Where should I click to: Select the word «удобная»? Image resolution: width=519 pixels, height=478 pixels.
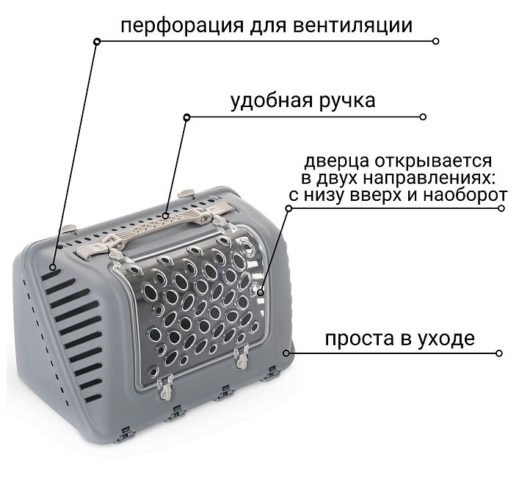(271, 100)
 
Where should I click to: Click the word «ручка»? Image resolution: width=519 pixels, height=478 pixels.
(347, 101)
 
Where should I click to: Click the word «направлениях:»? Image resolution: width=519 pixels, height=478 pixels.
(429, 178)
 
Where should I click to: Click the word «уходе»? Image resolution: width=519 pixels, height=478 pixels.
(447, 339)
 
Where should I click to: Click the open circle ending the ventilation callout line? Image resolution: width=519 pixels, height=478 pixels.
(436, 41)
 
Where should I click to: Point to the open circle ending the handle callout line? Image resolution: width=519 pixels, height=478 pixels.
(423, 117)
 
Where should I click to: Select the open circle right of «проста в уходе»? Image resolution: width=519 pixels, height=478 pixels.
(499, 353)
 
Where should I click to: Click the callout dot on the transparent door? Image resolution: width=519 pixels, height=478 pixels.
(261, 293)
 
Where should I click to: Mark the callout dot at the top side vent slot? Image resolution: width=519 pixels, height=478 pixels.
(53, 268)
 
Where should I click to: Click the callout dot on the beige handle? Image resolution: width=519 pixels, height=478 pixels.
(166, 216)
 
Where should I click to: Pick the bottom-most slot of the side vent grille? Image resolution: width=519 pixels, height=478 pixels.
(93, 398)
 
